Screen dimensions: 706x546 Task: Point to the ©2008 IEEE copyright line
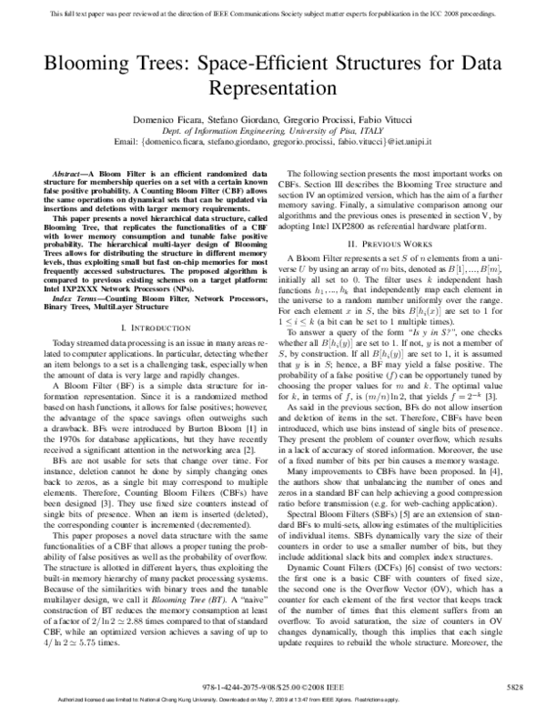[x=273, y=685]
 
